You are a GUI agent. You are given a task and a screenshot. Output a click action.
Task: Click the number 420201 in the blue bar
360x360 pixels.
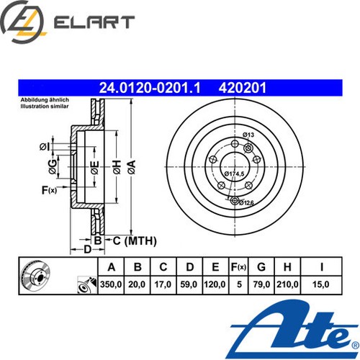pyautogui.click(x=243, y=88)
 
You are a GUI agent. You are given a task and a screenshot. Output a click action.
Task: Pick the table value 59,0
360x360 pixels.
pyautogui.click(x=189, y=284)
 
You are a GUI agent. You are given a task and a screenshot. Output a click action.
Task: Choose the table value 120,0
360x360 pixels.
pyautogui.click(x=214, y=284)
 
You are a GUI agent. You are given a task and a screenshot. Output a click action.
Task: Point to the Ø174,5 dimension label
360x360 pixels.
pyautogui.click(x=237, y=174)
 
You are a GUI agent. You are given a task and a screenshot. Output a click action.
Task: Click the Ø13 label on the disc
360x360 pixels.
pyautogui.click(x=248, y=135)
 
